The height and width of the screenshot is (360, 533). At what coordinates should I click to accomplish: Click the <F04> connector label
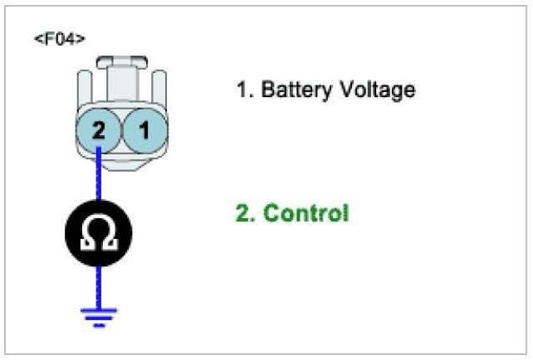[x=59, y=38]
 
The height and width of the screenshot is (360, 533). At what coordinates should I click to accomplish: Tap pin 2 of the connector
[x=99, y=129]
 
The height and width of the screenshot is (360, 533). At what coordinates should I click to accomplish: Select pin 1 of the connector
[x=143, y=129]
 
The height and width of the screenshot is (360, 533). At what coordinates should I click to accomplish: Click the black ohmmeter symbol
[x=99, y=233]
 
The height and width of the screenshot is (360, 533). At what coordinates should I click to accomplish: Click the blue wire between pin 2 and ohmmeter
[x=99, y=174]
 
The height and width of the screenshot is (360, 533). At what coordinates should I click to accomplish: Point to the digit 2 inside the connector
[x=99, y=129]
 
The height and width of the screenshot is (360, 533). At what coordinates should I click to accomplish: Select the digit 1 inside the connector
[x=143, y=129]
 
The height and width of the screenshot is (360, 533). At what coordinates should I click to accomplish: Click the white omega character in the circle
[x=99, y=234]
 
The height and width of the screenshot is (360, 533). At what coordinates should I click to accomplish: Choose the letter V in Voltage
[x=345, y=90]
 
